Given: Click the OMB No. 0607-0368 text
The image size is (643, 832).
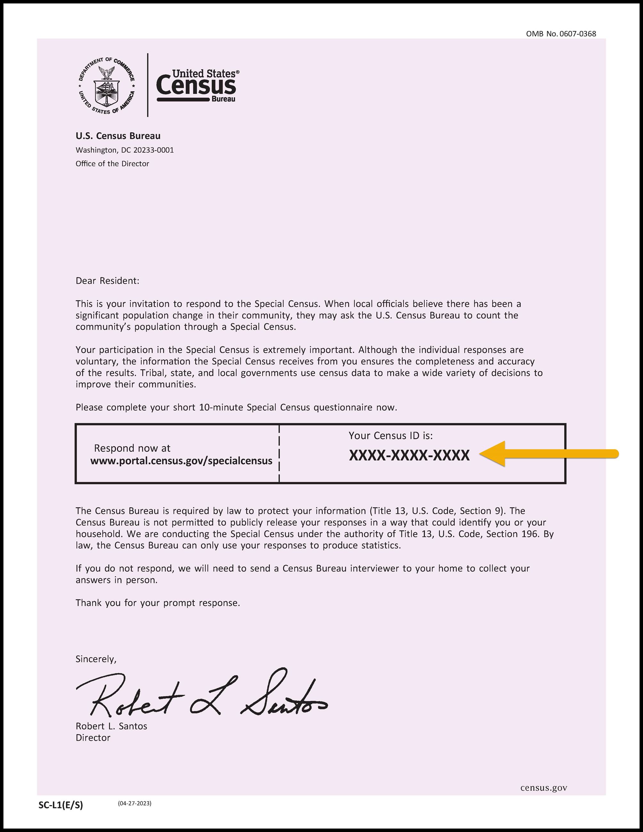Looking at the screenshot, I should click(x=561, y=34).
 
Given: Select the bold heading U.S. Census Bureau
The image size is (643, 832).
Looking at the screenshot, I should click(x=118, y=136).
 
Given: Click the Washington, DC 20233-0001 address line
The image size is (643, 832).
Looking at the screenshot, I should click(x=125, y=150).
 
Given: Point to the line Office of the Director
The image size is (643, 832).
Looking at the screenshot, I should click(x=112, y=164).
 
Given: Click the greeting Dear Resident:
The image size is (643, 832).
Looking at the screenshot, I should click(x=108, y=281).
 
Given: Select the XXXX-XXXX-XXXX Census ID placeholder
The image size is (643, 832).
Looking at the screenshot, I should click(x=409, y=456).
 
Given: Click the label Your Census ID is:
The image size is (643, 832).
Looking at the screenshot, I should click(x=390, y=436).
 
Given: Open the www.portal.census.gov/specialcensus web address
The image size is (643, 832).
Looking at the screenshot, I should click(x=181, y=461).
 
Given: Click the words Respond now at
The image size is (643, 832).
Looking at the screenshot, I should click(x=132, y=448).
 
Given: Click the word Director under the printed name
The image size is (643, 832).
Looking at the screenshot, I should click(x=93, y=738).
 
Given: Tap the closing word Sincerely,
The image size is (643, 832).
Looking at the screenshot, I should click(x=96, y=659).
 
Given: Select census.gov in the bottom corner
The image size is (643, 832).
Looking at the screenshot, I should click(x=543, y=788).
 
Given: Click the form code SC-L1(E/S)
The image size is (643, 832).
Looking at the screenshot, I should click(x=60, y=805).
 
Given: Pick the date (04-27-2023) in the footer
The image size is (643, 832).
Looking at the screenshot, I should click(x=134, y=803).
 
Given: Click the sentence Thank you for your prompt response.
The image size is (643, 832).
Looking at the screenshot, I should click(x=158, y=603).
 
